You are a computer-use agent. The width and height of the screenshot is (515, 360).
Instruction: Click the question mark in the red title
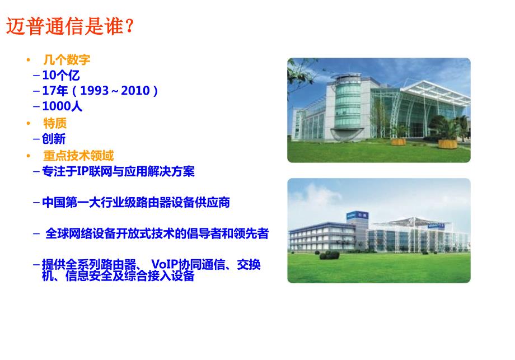129,26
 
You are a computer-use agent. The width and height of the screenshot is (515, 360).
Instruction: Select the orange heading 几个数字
67,60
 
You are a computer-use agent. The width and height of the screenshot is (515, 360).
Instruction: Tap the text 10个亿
61,75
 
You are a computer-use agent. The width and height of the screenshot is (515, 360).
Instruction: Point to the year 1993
95,91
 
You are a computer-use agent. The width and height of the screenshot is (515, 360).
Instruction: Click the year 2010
135,91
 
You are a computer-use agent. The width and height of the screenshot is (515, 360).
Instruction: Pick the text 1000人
62,106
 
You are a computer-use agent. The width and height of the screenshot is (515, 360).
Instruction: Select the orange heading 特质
55,124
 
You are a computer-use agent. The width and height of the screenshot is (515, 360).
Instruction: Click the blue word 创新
54,139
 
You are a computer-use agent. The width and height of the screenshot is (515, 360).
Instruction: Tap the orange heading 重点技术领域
78,156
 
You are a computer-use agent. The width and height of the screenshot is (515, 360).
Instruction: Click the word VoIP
165,264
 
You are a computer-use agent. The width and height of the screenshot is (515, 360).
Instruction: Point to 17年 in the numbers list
55,91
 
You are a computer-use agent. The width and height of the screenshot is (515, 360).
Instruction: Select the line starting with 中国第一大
136,202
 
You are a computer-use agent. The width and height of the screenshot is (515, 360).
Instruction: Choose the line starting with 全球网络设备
157,233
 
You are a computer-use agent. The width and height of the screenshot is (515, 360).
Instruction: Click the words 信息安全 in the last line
88,276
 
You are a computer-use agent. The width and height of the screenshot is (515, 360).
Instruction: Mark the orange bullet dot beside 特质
29,124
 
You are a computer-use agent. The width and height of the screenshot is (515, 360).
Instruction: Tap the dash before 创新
36,139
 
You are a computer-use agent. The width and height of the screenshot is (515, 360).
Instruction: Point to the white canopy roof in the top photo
435,92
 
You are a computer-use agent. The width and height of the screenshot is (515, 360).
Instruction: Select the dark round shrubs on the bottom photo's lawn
330,255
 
